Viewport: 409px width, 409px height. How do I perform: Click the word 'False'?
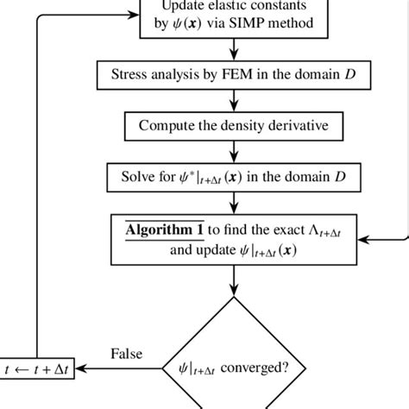(x=127, y=355)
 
